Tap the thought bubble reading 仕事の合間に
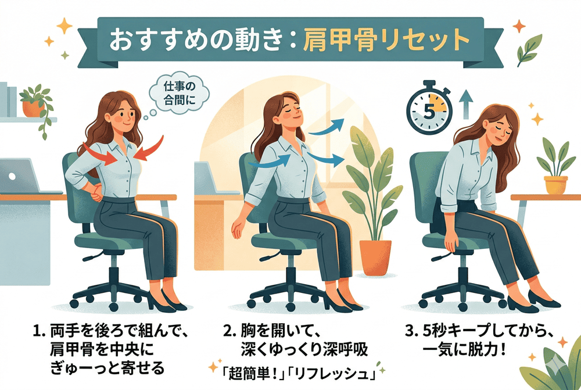coord(180,93)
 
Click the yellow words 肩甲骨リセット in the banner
coord(386,40)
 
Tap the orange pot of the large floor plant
coord(375,257)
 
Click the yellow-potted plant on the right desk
coord(554,167)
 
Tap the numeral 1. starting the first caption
coord(38,331)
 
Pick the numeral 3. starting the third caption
coord(411,331)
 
